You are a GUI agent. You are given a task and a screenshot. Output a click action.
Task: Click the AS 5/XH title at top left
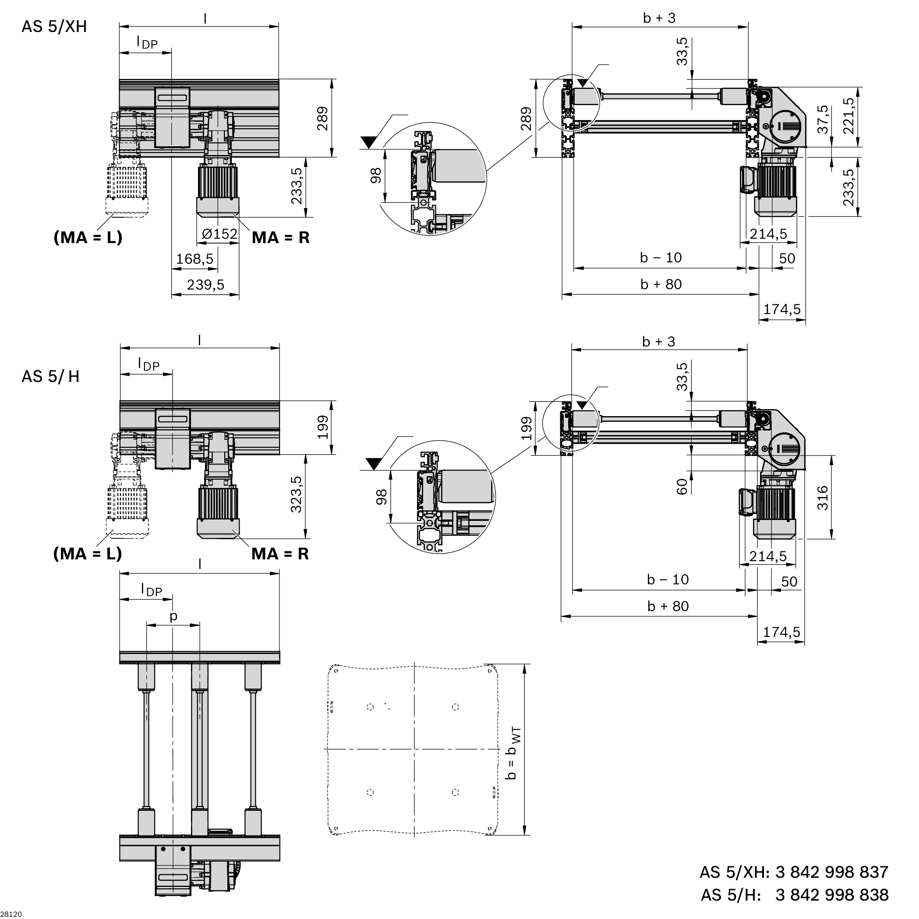(x=54, y=27)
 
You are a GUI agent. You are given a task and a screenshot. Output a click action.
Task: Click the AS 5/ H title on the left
(x=50, y=376)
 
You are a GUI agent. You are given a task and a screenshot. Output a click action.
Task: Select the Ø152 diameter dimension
(x=219, y=234)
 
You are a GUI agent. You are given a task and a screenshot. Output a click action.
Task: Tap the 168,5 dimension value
(x=194, y=259)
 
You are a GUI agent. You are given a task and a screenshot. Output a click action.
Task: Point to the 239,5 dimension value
(x=205, y=285)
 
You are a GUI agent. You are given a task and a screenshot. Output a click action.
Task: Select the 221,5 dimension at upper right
(x=848, y=116)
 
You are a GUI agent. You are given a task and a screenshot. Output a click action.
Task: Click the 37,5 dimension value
(x=823, y=120)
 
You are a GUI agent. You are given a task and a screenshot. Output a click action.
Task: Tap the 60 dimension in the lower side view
(x=682, y=487)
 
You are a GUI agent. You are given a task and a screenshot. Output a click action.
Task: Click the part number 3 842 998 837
(x=831, y=872)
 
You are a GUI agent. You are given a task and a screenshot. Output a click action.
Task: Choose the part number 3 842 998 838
(x=831, y=895)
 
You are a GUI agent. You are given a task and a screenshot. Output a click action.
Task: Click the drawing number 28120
(x=11, y=914)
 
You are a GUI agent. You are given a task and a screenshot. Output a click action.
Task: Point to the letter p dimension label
(x=173, y=616)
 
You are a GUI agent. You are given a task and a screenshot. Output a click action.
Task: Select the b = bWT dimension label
(x=513, y=753)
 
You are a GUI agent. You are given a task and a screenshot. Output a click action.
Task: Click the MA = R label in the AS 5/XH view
(x=280, y=237)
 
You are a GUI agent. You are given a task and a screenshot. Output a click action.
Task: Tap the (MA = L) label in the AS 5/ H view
(x=88, y=554)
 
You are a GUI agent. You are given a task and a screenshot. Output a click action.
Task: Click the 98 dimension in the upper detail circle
(x=376, y=176)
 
